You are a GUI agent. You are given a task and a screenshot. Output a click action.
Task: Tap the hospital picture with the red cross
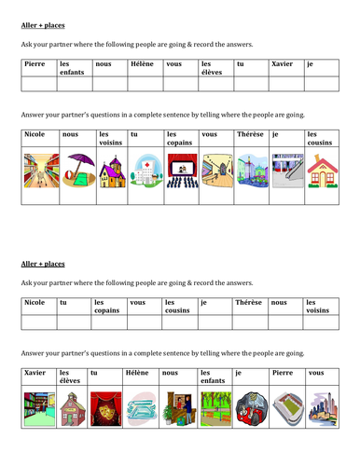tap(145, 171)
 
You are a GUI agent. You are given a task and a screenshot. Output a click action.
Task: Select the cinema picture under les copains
tap(180, 171)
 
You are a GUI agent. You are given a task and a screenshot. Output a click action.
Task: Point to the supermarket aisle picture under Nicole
tap(37, 171)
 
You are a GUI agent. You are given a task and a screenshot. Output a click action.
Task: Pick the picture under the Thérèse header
tap(250, 171)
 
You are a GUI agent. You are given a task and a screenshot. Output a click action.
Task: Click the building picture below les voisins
tap(110, 171)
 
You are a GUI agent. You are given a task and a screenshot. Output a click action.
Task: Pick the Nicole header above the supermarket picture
tap(34, 134)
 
